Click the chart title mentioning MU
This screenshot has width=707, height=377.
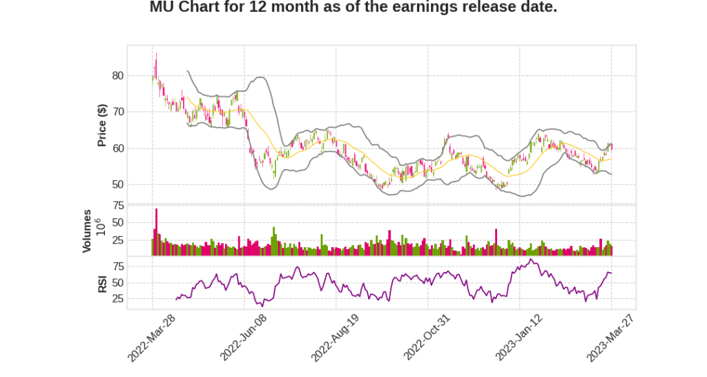(x=353, y=8)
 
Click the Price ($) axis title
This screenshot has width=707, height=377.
(x=101, y=125)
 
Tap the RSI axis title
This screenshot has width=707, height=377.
(x=101, y=283)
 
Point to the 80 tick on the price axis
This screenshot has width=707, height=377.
(x=118, y=76)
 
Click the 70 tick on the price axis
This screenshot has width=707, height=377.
(x=118, y=112)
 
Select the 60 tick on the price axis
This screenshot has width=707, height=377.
(x=118, y=148)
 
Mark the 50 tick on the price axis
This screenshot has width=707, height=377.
(x=118, y=184)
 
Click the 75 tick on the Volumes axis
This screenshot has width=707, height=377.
(x=118, y=206)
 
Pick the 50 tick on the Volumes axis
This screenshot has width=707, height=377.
(x=118, y=223)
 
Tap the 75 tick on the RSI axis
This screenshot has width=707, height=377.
(x=118, y=267)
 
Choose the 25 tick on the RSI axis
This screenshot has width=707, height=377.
(x=118, y=299)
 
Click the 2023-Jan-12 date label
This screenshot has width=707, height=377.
(x=519, y=337)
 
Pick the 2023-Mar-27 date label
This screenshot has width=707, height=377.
(x=610, y=337)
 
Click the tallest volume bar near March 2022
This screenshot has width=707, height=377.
(x=156, y=231)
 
